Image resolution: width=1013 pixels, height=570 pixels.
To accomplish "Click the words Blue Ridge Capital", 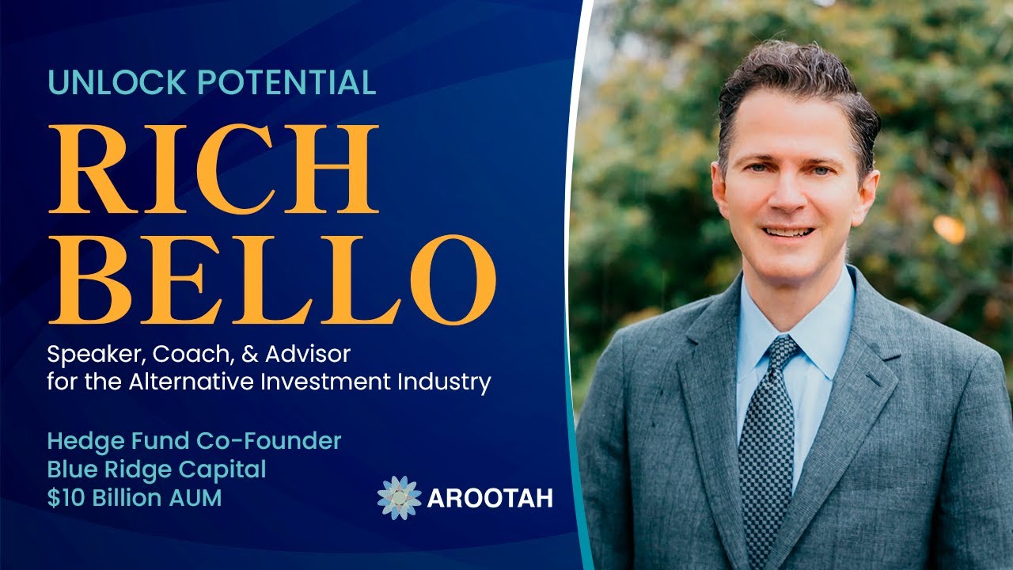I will coord(157,469).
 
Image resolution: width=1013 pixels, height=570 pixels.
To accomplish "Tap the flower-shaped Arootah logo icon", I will coord(399,498).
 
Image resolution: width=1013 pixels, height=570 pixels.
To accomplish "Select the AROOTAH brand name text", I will coord(490,499).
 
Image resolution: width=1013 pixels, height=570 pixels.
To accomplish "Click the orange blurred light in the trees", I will coord(949,229).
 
